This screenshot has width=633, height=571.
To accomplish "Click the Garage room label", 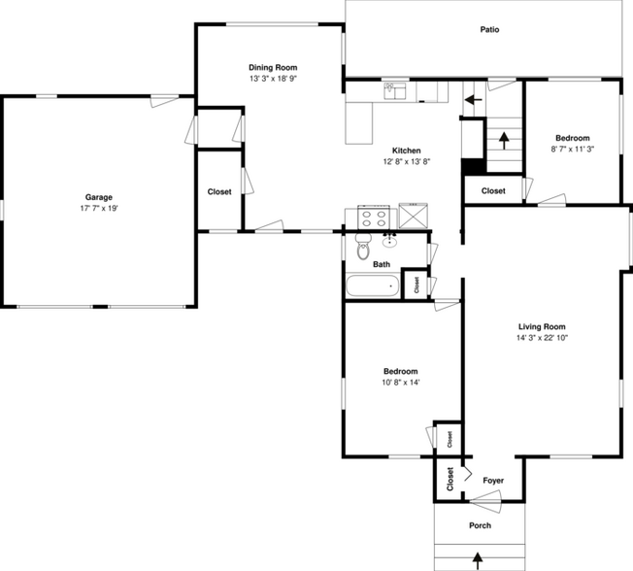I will click(x=98, y=197).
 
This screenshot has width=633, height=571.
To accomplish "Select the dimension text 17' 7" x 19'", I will click(x=98, y=209).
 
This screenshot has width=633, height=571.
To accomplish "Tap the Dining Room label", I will click(x=272, y=67).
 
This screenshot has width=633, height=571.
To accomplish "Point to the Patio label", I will click(x=489, y=30).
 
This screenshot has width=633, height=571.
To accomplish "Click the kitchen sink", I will click(x=394, y=91).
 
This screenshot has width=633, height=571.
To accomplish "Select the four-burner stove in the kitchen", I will click(x=373, y=215).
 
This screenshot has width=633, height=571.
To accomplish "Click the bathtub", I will click(x=373, y=285).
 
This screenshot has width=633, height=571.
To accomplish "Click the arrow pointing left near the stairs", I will click(x=473, y=98).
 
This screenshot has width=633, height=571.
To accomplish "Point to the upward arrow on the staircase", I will click(x=504, y=142).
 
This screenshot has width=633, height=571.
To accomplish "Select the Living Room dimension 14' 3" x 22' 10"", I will click(x=542, y=339).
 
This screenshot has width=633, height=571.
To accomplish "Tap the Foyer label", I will click(x=493, y=480).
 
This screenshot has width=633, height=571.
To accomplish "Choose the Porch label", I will click(x=480, y=525).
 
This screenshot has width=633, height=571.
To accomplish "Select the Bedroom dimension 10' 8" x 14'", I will click(x=400, y=382).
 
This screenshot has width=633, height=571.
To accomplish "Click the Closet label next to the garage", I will click(x=219, y=191).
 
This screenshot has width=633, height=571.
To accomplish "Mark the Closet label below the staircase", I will click(x=493, y=190).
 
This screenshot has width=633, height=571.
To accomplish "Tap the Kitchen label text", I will click(x=406, y=151).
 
